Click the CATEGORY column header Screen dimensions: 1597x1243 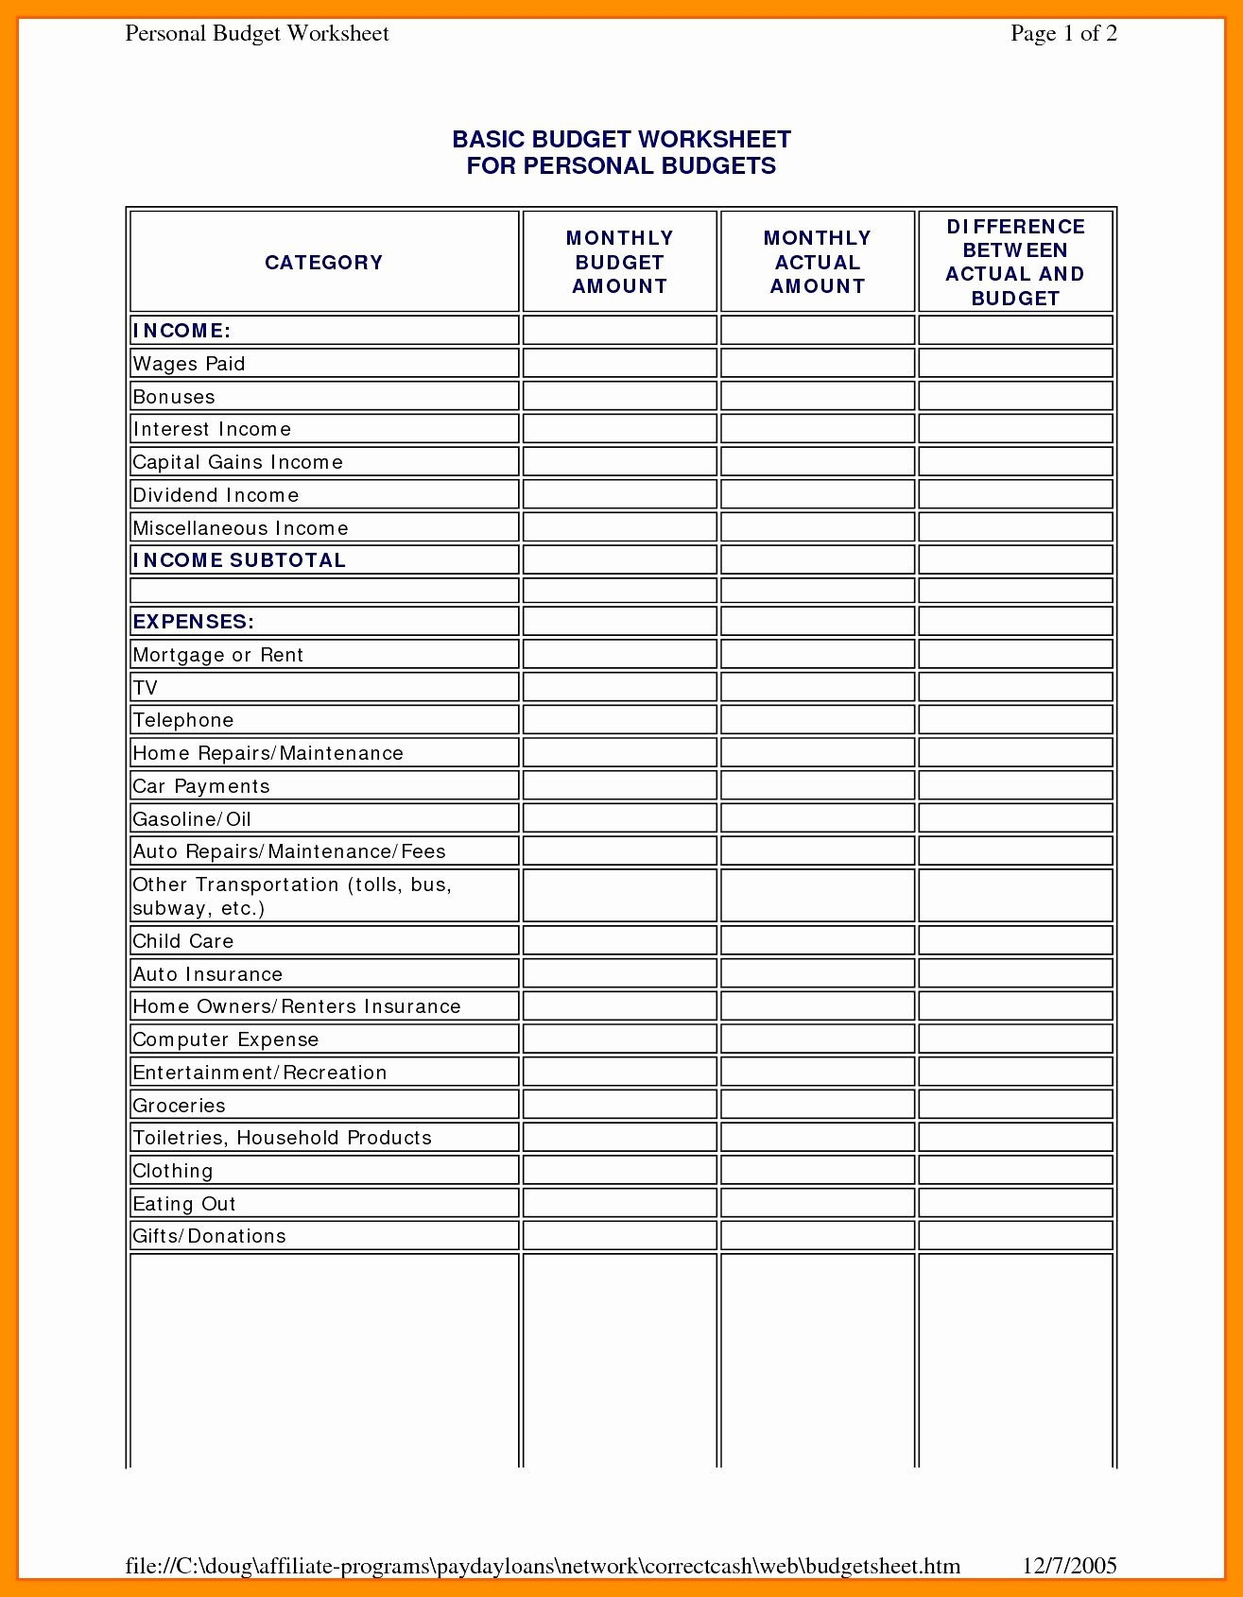(323, 263)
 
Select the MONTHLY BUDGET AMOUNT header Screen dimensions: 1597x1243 (619, 262)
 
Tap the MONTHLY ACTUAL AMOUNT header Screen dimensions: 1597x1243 (818, 262)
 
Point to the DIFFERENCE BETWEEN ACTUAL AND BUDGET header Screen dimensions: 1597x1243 (1015, 262)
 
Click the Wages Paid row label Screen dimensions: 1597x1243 (189, 364)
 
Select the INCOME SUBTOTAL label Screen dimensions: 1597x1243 (239, 560)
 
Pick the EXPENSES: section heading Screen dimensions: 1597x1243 (194, 622)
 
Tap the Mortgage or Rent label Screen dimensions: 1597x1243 (217, 655)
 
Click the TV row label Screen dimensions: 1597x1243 (145, 688)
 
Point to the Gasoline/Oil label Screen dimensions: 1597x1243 (192, 819)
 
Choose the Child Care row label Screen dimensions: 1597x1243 (182, 941)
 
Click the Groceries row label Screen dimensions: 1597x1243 (179, 1106)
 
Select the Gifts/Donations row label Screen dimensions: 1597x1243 (209, 1236)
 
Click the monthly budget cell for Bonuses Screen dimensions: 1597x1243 (619, 396)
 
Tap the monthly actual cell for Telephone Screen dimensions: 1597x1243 (818, 720)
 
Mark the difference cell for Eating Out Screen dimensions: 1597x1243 (1015, 1203)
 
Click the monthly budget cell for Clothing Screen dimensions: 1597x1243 (619, 1170)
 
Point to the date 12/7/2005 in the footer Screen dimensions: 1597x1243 (1071, 1566)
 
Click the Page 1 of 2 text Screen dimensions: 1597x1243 (1063, 34)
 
